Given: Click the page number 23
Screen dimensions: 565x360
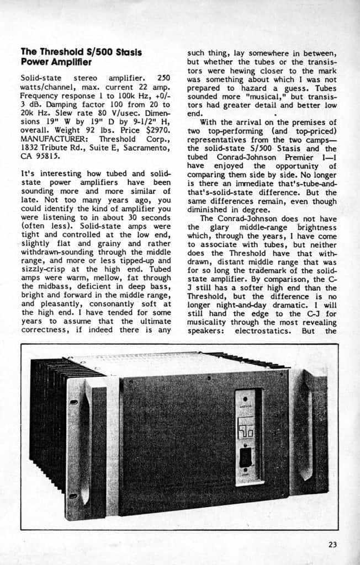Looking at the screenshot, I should [x=332, y=545].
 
